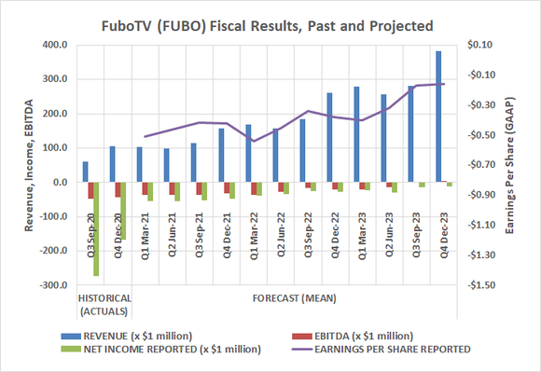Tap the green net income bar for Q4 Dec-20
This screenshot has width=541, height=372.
123,212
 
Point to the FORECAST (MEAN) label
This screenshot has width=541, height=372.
294,298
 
